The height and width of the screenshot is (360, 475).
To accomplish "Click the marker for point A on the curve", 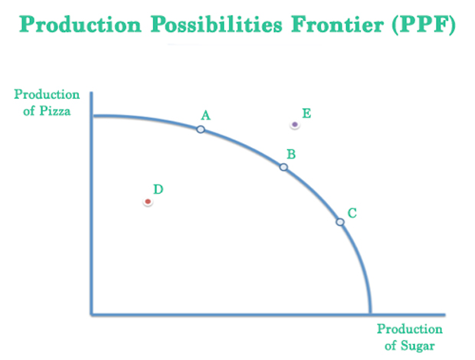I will [x=201, y=129].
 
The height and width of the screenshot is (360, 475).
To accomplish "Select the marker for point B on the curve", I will [x=283, y=167].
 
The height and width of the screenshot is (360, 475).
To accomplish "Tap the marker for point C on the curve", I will [x=340, y=222].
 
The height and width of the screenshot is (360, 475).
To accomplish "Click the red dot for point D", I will [x=148, y=202].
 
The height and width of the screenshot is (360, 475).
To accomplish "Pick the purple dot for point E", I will [x=295, y=125].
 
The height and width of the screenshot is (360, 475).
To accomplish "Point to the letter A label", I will [x=205, y=115].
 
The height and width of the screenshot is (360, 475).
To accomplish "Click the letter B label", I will [x=291, y=154].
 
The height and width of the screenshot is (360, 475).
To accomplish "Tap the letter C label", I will [x=352, y=213].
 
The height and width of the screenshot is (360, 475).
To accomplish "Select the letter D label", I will [x=158, y=189].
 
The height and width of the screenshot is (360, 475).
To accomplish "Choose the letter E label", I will [x=306, y=113].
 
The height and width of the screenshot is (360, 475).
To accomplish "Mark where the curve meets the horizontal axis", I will [x=371, y=313].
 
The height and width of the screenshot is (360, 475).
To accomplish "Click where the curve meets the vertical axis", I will [x=92, y=116].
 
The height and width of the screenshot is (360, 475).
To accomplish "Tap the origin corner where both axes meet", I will [x=92, y=314].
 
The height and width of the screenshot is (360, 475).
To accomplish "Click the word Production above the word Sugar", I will [x=410, y=329].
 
